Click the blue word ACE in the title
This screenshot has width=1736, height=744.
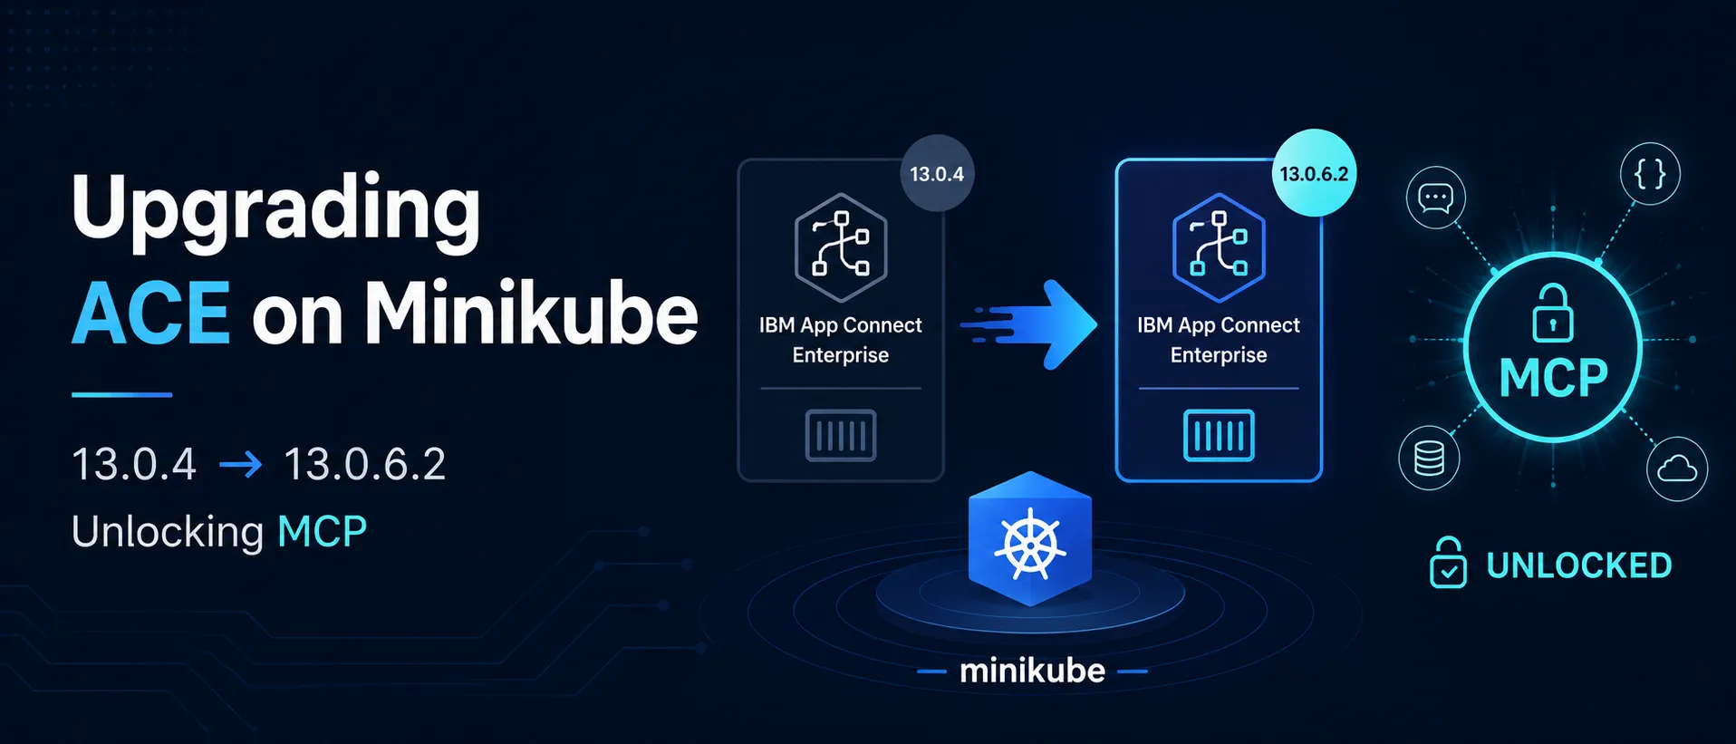tap(150, 313)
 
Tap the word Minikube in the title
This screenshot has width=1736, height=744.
tap(531, 313)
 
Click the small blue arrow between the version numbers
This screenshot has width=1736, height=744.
tap(240, 465)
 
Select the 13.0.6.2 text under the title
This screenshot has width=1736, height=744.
tap(365, 464)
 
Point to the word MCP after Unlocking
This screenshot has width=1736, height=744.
tap(322, 531)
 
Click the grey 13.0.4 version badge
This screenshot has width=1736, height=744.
tap(937, 173)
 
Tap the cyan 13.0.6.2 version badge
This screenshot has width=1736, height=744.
tap(1314, 173)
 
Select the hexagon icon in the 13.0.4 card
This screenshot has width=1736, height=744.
tap(841, 247)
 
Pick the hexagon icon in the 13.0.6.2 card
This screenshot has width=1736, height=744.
tap(1219, 247)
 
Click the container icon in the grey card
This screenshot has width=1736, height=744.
tap(841, 436)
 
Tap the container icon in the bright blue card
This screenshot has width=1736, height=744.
tap(1219, 436)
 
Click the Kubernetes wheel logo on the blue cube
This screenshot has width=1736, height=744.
tap(1030, 545)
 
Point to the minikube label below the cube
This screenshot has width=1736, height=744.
tap(1032, 671)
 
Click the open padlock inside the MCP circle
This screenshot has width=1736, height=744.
tap(1552, 313)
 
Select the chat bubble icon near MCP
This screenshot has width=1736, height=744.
tap(1435, 198)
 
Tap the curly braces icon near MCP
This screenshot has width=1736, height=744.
tap(1650, 173)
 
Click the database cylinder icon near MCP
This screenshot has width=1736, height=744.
tap(1429, 458)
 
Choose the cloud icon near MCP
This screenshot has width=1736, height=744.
tap(1677, 469)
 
